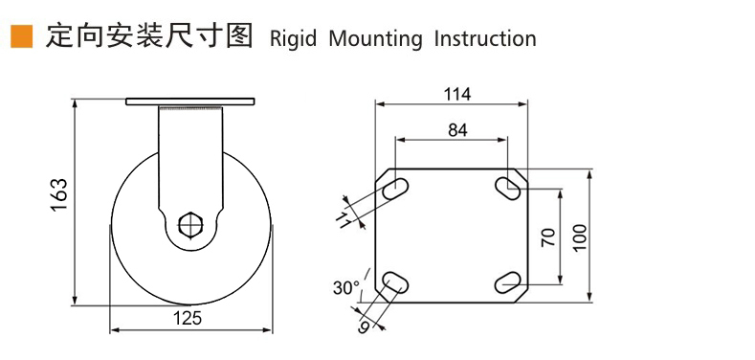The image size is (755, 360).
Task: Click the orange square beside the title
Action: coord(22,36)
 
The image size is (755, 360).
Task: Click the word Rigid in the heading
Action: coord(293,38)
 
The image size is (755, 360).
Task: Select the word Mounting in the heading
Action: coord(375,38)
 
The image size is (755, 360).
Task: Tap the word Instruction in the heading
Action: coord(485,38)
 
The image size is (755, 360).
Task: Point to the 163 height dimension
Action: coord(59,194)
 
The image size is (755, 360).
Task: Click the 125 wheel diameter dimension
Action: coord(188,318)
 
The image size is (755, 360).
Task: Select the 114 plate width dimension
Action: coord(457,95)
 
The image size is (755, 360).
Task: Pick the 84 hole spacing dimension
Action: coord(457,130)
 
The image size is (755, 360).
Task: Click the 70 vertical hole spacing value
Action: coord(549,237)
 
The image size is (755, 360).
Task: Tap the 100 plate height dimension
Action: coord(580,237)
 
